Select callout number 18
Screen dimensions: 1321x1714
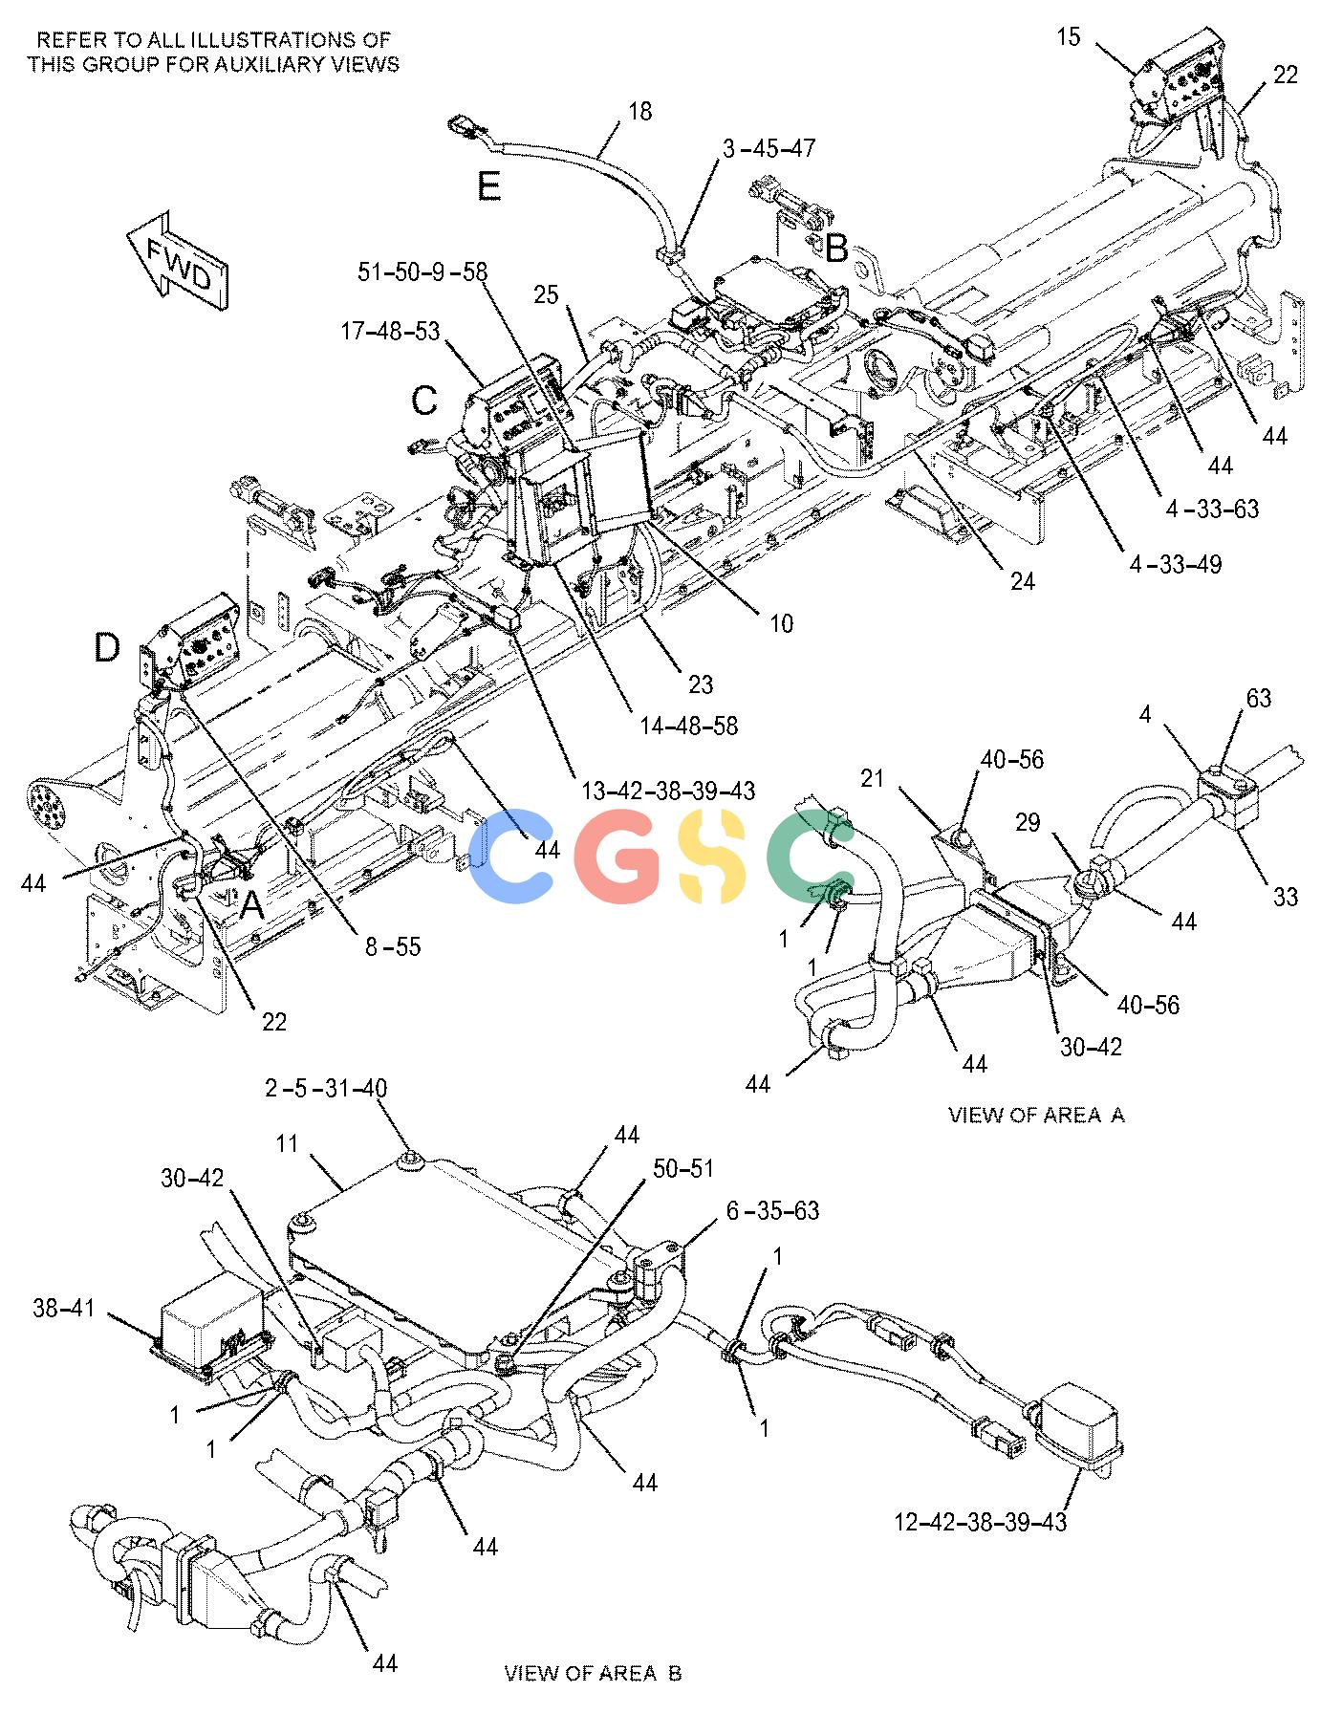point(639,112)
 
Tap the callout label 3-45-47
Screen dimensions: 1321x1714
point(769,149)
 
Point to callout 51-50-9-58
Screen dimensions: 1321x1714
point(422,272)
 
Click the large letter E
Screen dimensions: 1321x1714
point(489,185)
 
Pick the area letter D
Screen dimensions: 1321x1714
point(107,648)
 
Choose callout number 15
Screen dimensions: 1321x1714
point(1069,37)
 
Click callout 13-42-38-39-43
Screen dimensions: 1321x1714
point(668,791)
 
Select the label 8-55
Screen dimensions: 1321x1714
point(392,946)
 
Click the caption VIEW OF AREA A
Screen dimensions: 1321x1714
point(1036,1115)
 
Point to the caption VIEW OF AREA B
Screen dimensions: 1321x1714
point(593,1673)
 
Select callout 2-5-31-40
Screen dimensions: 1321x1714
point(326,1088)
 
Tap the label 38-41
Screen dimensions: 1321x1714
point(64,1307)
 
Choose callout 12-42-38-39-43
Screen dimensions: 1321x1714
point(981,1521)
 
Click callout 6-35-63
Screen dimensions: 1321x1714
point(772,1211)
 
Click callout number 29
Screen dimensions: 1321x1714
point(1028,822)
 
